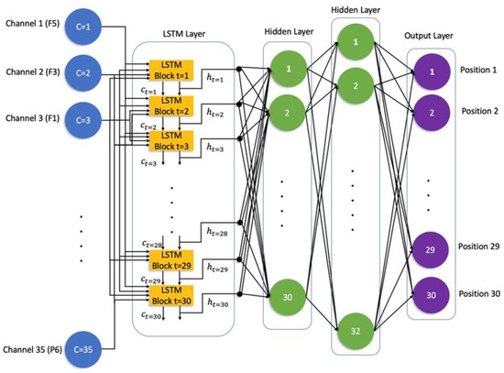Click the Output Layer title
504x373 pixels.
point(430,36)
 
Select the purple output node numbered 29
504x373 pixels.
point(430,248)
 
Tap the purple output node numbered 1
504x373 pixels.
point(430,71)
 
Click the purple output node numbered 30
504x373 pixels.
point(430,294)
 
